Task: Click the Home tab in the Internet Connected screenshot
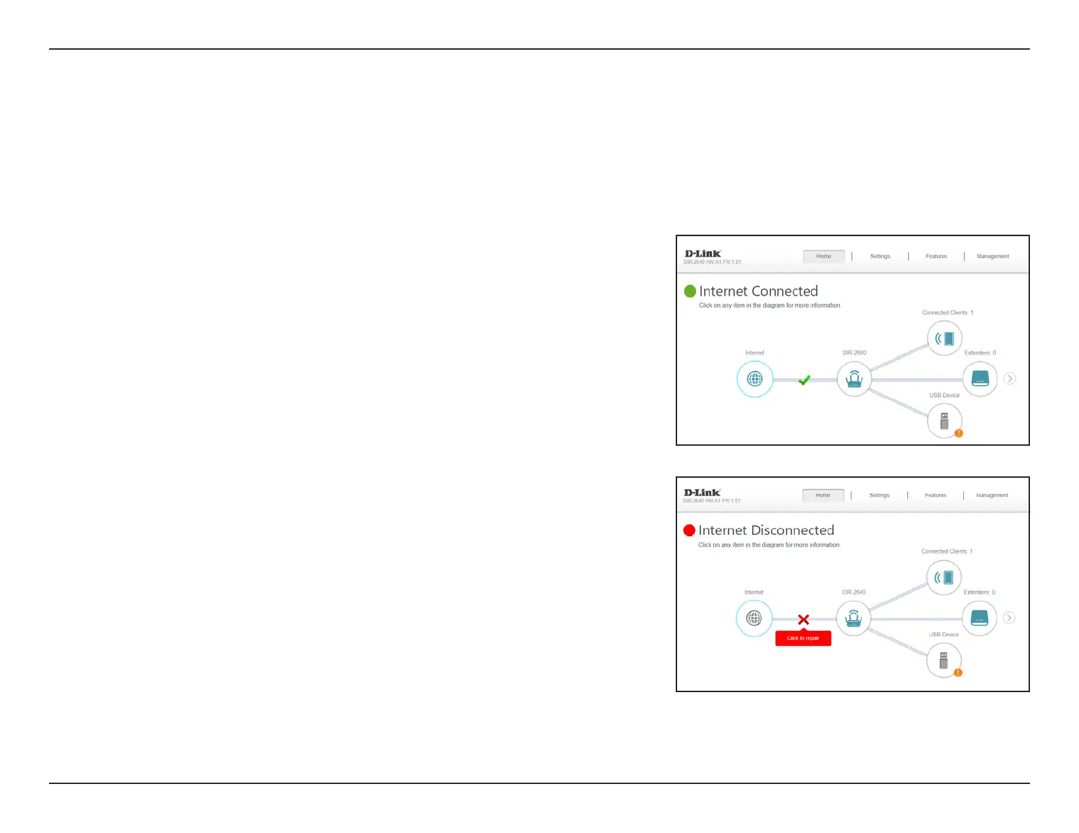(x=824, y=257)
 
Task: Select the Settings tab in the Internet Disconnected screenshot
(x=879, y=495)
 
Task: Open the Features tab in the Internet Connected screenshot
(x=936, y=257)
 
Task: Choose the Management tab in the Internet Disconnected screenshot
(x=992, y=495)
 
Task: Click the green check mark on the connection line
(x=804, y=380)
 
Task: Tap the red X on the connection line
(x=804, y=619)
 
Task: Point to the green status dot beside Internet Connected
(x=690, y=291)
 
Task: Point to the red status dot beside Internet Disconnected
(x=689, y=530)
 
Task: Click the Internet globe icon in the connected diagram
(x=755, y=379)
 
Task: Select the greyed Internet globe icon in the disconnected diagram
(x=754, y=618)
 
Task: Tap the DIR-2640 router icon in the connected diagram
(x=854, y=379)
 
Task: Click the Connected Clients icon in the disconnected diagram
(x=944, y=578)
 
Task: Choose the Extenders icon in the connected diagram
(x=980, y=378)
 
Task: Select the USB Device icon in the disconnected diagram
(x=944, y=659)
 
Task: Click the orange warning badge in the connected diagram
(x=958, y=433)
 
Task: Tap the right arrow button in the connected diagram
(x=1010, y=378)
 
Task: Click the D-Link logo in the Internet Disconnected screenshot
(x=702, y=492)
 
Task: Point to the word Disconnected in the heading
(x=792, y=530)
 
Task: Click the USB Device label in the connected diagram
(x=944, y=395)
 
